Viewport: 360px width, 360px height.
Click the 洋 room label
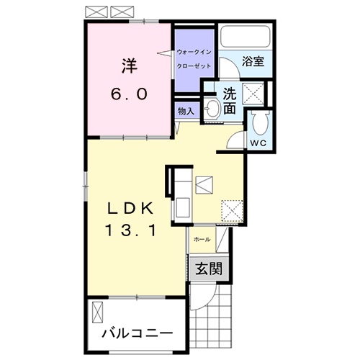coord(130,66)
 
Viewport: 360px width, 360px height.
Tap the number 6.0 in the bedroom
coord(129,94)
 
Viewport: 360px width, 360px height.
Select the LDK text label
coord(130,208)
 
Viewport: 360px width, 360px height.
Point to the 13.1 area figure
coord(130,230)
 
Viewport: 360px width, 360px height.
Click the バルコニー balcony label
coord(137,333)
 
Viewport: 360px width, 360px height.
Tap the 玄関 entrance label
coord(209,269)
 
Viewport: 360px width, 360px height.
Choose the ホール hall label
coord(202,239)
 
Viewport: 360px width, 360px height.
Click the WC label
coord(258,143)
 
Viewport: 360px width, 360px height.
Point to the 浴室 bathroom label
coord(253,61)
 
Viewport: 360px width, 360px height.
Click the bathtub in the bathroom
coord(246,36)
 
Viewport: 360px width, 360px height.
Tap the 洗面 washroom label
coord(230,101)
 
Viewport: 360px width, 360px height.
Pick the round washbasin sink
coord(212,109)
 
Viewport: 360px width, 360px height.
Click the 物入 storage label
coord(186,111)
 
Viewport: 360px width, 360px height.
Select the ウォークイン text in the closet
coord(194,52)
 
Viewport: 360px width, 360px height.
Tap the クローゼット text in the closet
coord(194,66)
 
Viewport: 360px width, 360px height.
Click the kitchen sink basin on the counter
coord(183,207)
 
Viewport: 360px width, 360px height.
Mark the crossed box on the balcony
coord(97,312)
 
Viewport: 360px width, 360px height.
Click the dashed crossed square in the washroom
coord(253,94)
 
